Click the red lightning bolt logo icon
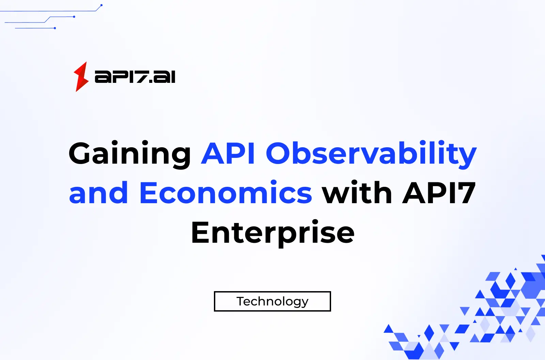[81, 77]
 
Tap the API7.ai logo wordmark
[135, 77]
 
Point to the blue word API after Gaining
[228, 153]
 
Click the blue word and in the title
[98, 193]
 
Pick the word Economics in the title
[225, 193]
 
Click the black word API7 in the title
[439, 193]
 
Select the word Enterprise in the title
[273, 233]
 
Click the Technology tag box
[272, 301]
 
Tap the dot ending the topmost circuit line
[102, 5]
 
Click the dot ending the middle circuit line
[74, 17]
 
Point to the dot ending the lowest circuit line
[55, 28]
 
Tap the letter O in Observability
[280, 153]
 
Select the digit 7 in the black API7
[465, 193]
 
